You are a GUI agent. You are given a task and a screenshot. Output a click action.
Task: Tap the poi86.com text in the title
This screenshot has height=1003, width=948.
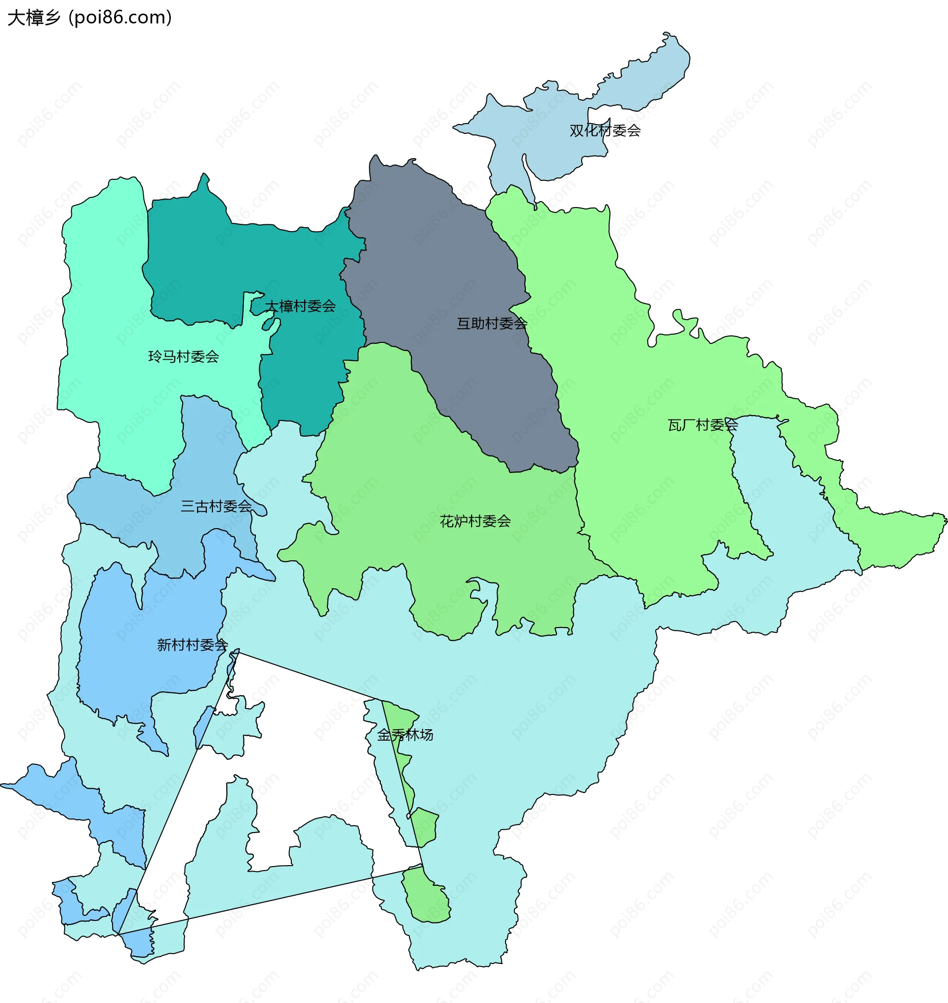pyautogui.click(x=120, y=18)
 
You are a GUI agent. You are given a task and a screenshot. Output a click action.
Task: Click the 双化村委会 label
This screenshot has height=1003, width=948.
pyautogui.click(x=605, y=131)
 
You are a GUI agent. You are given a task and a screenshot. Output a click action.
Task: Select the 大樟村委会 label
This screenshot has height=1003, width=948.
pyautogui.click(x=300, y=306)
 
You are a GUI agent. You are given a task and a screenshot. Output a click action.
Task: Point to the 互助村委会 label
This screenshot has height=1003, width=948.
pyautogui.click(x=492, y=324)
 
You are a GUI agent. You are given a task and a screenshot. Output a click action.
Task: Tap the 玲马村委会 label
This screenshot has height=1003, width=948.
pyautogui.click(x=184, y=357)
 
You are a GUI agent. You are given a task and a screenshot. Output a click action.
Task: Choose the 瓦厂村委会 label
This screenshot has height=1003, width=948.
pyautogui.click(x=703, y=425)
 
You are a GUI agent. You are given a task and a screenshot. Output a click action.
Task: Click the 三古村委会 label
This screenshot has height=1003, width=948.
pyautogui.click(x=216, y=506)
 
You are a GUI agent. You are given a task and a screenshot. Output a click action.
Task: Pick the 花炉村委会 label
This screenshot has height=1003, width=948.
pyautogui.click(x=475, y=521)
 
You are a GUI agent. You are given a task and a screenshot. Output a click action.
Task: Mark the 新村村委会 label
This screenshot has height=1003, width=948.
pyautogui.click(x=193, y=645)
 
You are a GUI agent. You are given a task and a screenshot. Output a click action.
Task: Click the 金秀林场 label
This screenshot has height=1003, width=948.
pyautogui.click(x=405, y=735)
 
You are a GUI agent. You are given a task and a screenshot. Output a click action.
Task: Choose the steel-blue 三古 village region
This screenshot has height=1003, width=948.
pyautogui.click(x=202, y=455)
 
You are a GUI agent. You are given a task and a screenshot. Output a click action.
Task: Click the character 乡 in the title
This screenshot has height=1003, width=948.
pyautogui.click(x=51, y=18)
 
